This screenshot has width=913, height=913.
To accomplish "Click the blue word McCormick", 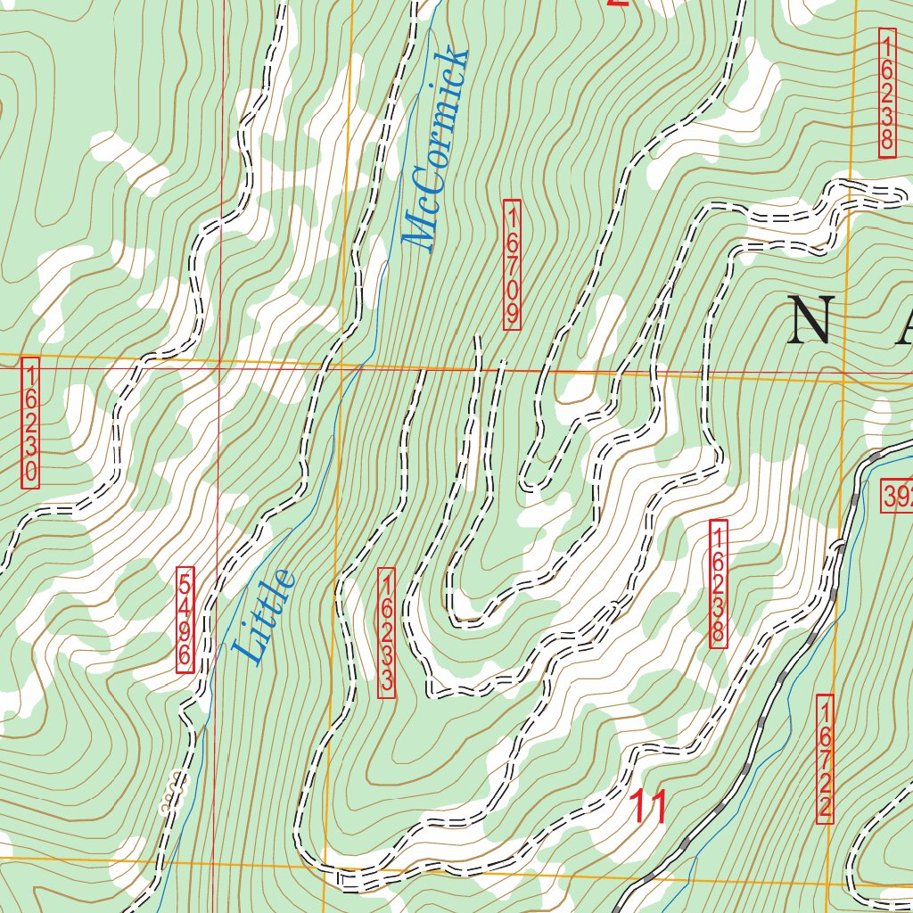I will (x=435, y=148).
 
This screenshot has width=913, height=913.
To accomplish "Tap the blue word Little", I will (x=263, y=615).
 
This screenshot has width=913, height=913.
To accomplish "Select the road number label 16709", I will (x=512, y=265).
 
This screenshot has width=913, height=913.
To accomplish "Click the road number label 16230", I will (x=31, y=424).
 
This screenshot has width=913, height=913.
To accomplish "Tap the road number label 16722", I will (x=825, y=758).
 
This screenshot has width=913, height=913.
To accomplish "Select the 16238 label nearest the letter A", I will (x=886, y=93).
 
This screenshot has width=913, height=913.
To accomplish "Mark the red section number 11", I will (x=649, y=808).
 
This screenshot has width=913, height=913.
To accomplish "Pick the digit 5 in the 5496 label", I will (x=185, y=582).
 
